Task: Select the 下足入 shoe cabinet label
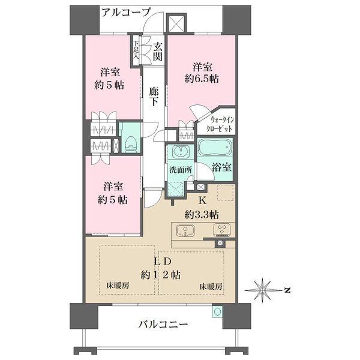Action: pos(136,50)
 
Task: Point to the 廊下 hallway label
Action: pos(154,97)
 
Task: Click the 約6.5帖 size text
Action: pos(202,79)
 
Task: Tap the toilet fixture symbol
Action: pos(131,144)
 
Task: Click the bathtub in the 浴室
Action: pos(215,148)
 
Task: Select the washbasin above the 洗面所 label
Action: pos(181,152)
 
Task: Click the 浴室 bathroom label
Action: pos(221,167)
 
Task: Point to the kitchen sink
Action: pos(185,230)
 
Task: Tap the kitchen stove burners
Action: pos(222,230)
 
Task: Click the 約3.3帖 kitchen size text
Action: pos(202,215)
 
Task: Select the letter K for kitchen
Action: pos(202,200)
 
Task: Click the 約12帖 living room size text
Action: pos(160,275)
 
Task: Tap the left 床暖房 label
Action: pos(118,286)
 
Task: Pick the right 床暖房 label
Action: pos(211,286)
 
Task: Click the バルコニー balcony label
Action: pos(163,324)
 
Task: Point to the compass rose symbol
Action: pos(262,290)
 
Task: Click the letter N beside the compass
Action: pos(287,290)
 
